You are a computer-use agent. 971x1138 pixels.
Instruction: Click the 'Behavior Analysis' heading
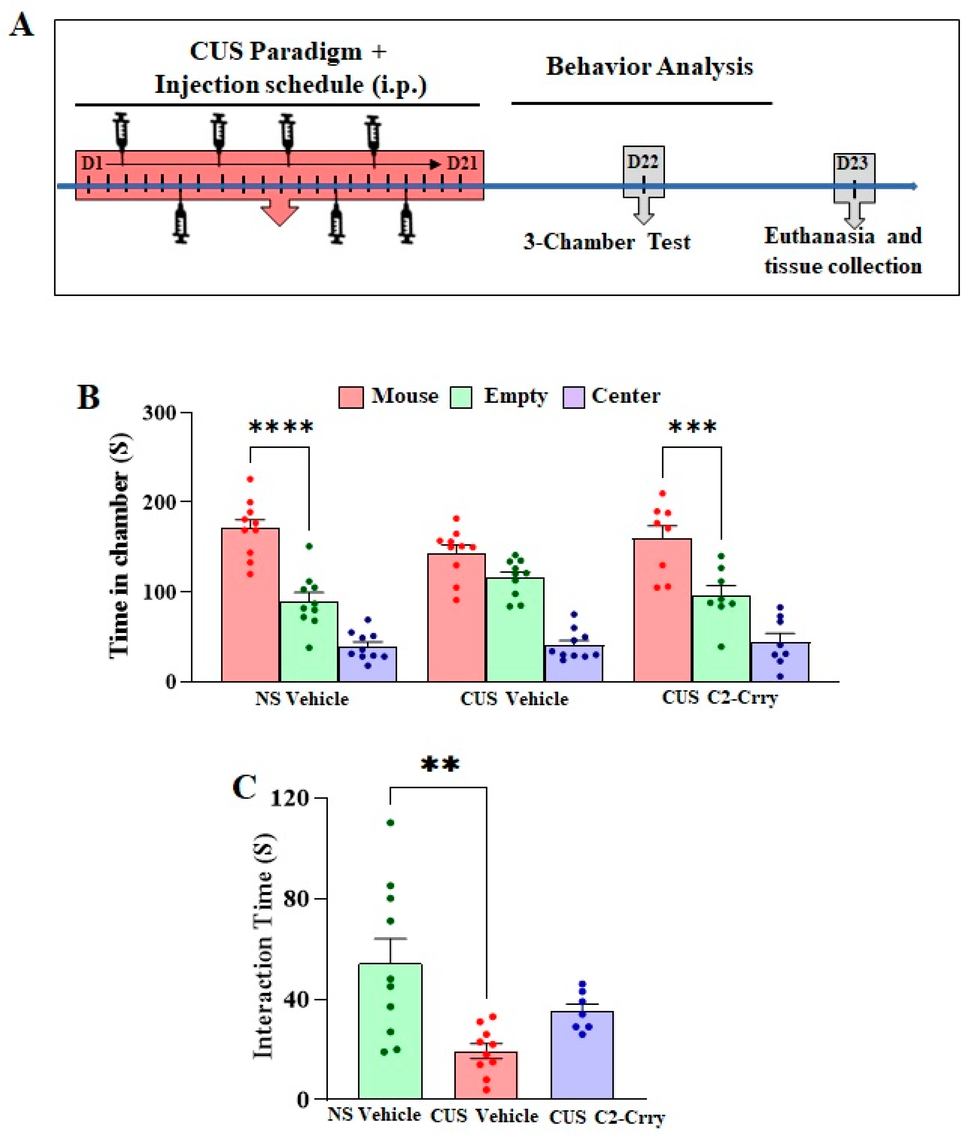[649, 67]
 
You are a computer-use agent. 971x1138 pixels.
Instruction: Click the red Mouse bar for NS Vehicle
[250, 604]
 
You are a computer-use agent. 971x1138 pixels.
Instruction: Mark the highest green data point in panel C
[390, 823]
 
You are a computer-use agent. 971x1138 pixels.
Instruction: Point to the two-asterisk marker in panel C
[440, 764]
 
